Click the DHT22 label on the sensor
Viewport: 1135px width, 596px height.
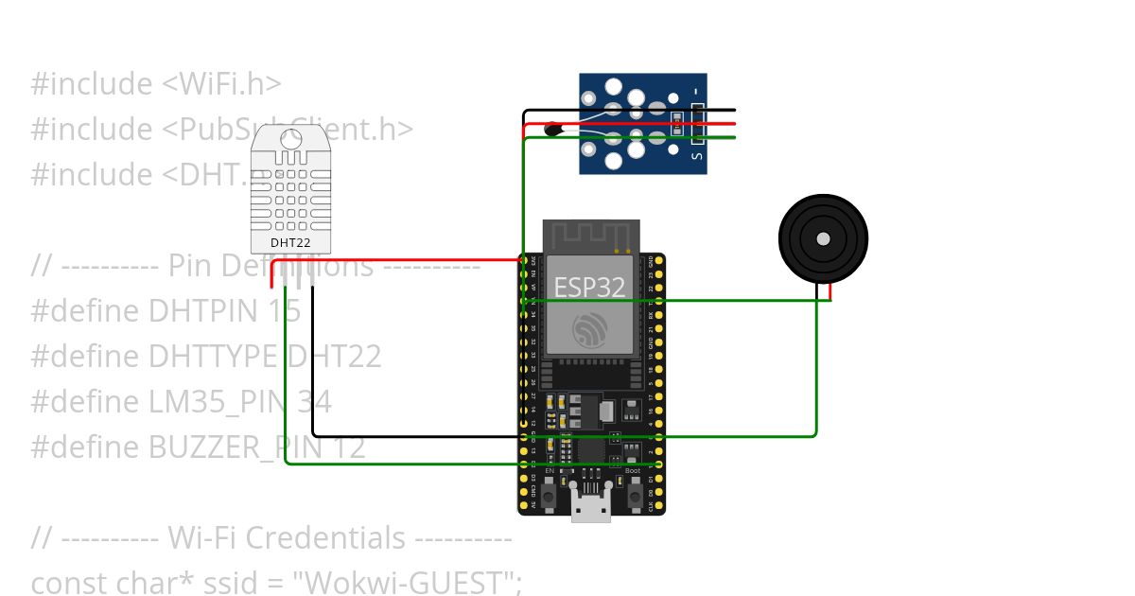pos(290,242)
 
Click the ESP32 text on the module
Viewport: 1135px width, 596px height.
pos(589,287)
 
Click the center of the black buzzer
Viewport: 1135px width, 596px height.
pos(823,238)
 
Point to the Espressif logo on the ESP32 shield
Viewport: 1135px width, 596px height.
pos(590,330)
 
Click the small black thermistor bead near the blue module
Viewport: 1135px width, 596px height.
pos(552,129)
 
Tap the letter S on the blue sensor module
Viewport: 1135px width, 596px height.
pos(698,157)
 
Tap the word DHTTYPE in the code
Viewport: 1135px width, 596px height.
pos(213,357)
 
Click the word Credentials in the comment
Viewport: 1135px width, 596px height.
pos(326,537)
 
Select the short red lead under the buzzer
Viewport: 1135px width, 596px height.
pos(830,291)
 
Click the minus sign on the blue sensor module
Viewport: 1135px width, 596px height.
pos(698,92)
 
